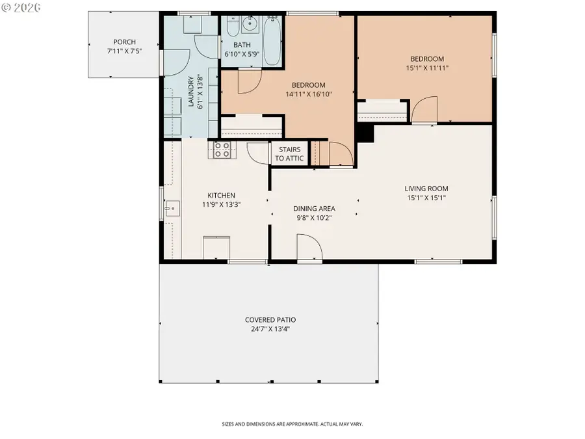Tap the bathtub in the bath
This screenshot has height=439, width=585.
(273, 40)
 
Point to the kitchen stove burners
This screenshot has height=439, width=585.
(222, 150)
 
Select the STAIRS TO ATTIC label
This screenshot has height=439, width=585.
(289, 154)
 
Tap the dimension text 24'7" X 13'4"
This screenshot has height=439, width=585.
(270, 328)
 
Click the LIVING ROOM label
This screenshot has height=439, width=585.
(426, 189)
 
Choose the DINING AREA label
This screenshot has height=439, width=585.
(314, 208)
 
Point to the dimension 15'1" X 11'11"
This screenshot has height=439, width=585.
(428, 67)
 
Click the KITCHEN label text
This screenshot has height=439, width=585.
(221, 195)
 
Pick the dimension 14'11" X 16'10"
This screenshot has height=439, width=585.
(308, 94)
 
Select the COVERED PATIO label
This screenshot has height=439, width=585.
(270, 319)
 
